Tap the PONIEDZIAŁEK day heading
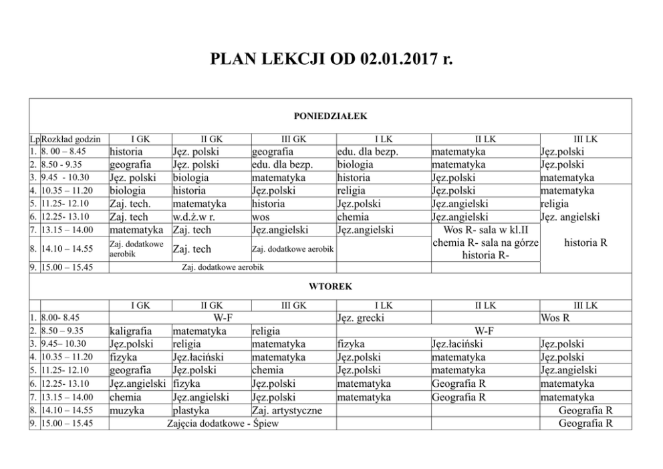331,116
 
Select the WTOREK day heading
330,286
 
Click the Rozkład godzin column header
71,139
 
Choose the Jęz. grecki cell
362,318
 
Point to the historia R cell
585,243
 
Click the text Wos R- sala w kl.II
485,230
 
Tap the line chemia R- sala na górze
485,242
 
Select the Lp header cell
35,139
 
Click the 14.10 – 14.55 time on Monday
67,249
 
